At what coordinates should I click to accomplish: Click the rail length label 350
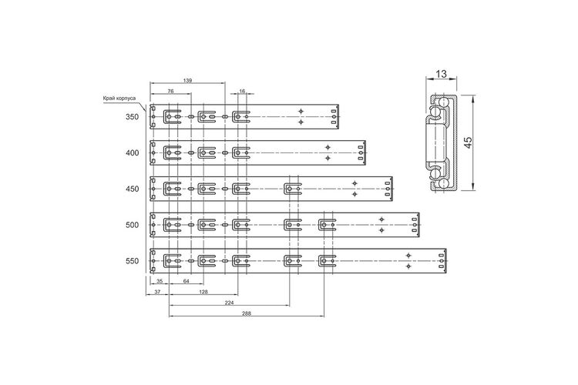tap(132, 117)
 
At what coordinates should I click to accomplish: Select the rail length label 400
tap(132, 153)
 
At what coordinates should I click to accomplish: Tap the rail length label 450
tap(132, 189)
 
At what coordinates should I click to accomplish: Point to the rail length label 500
tap(132, 225)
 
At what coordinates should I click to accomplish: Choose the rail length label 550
tap(132, 261)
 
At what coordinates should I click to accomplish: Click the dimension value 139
tap(187, 80)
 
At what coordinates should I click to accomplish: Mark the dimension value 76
tap(170, 91)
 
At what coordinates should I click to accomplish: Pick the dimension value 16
tap(242, 91)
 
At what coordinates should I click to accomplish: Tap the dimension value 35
tap(160, 281)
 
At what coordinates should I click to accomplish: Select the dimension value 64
tap(187, 281)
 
